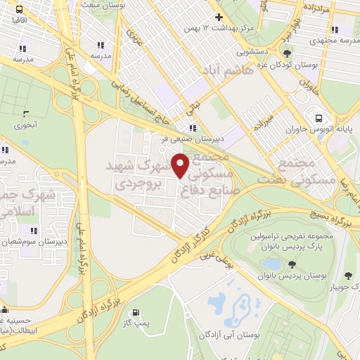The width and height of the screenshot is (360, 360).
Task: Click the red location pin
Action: click(181, 166)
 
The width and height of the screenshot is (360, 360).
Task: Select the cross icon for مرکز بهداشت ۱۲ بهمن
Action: click(219, 18)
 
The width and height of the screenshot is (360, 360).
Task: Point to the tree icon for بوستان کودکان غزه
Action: click(287, 53)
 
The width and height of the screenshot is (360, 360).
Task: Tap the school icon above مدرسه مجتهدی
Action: click(335, 30)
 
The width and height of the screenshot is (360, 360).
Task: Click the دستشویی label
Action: click(252, 51)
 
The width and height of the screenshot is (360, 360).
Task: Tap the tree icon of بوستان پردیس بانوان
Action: click(290, 264)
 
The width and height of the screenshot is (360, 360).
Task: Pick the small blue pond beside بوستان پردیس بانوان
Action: click(271, 264)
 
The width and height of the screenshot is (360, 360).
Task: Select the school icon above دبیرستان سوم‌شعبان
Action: click(32, 230)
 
